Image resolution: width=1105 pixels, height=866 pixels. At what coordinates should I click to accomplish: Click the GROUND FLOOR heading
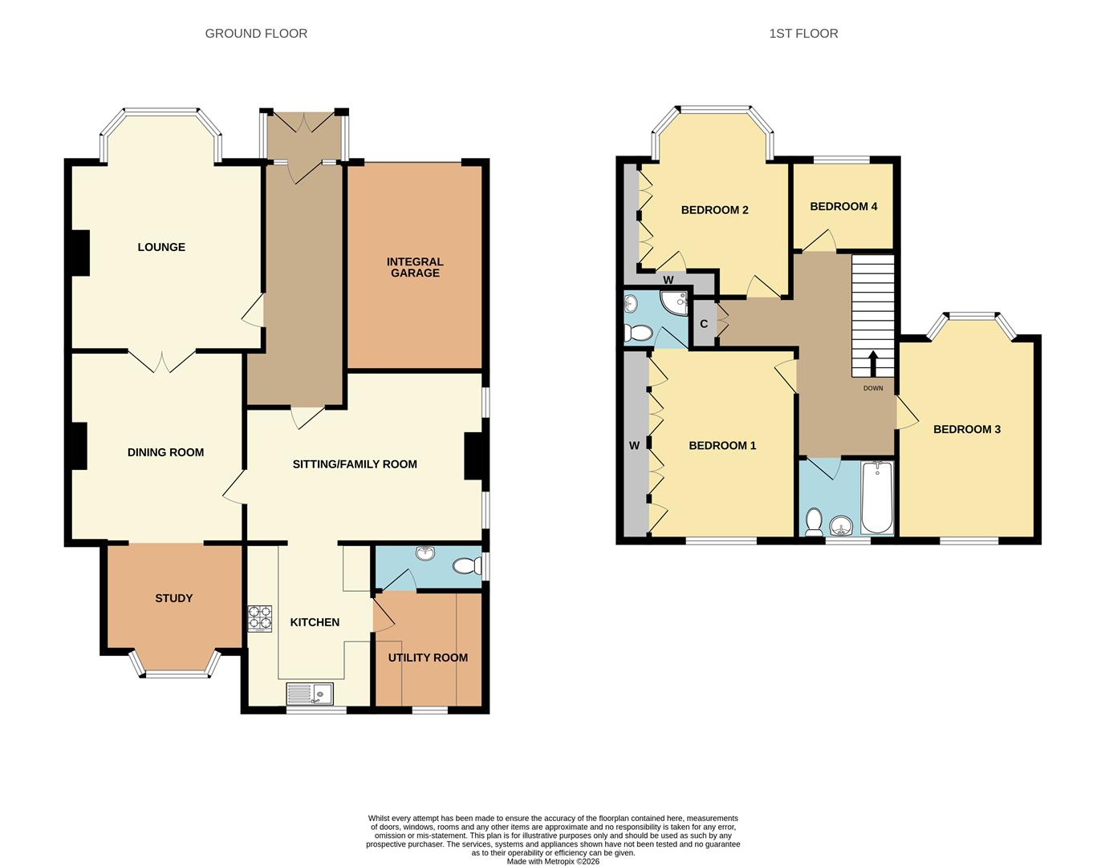pyautogui.click(x=256, y=34)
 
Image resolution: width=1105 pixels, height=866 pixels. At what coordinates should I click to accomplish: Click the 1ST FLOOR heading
pyautogui.click(x=803, y=34)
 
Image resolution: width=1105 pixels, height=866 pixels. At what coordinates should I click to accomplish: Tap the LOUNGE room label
pyautogui.click(x=161, y=247)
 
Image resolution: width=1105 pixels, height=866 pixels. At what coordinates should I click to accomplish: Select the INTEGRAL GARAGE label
pyautogui.click(x=415, y=267)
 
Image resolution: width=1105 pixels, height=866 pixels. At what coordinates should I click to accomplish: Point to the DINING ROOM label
pyautogui.click(x=165, y=452)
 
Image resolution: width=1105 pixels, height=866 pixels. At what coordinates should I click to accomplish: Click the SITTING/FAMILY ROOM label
pyautogui.click(x=355, y=463)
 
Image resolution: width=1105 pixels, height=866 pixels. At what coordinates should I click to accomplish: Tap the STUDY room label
pyautogui.click(x=173, y=598)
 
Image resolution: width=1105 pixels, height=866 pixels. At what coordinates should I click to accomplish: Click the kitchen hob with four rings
pyautogui.click(x=260, y=618)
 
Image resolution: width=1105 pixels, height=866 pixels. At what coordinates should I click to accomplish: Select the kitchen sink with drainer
pyautogui.click(x=310, y=693)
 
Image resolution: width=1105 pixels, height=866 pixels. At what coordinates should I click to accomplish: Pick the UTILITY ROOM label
pyautogui.click(x=428, y=658)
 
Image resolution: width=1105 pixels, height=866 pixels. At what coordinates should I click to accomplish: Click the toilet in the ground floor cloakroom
pyautogui.click(x=465, y=566)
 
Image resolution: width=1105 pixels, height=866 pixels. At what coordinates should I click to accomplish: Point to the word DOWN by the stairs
pyautogui.click(x=873, y=388)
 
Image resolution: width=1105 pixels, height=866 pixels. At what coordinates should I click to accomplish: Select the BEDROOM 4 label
pyautogui.click(x=843, y=206)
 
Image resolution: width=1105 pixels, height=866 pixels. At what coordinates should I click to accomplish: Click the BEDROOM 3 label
pyautogui.click(x=966, y=429)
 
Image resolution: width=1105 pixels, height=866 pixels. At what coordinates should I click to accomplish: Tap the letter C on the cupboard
pyautogui.click(x=704, y=324)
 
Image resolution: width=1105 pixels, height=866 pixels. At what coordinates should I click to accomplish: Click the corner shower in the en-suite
pyautogui.click(x=675, y=302)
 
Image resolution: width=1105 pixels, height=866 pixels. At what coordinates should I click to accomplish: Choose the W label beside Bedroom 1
pyautogui.click(x=634, y=446)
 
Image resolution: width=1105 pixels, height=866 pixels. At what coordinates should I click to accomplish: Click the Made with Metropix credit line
pyautogui.click(x=553, y=861)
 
